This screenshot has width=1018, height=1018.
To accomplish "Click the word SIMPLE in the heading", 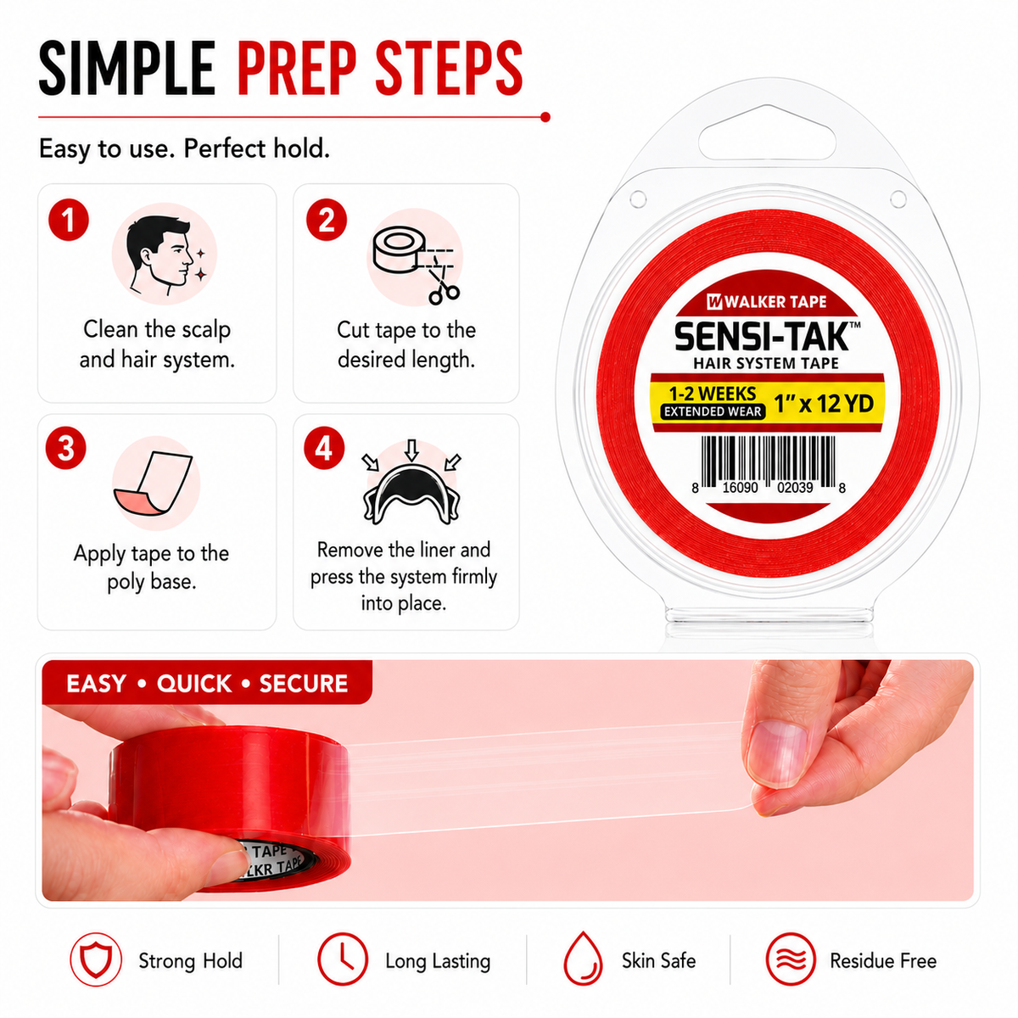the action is pyautogui.click(x=127, y=68).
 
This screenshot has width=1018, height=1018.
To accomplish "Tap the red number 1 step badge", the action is pyautogui.click(x=68, y=220).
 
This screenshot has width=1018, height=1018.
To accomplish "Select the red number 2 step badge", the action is pyautogui.click(x=327, y=220).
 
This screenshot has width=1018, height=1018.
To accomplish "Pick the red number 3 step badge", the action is pyautogui.click(x=65, y=449).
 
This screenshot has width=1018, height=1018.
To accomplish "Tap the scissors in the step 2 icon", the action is pyautogui.click(x=443, y=285).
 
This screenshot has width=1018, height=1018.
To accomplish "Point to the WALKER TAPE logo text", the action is pyautogui.click(x=767, y=302).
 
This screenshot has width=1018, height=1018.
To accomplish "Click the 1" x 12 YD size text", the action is pyautogui.click(x=824, y=404).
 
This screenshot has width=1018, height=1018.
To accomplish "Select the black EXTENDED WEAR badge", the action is pyautogui.click(x=713, y=411).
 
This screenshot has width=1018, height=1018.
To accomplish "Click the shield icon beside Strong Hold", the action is pyautogui.click(x=96, y=959).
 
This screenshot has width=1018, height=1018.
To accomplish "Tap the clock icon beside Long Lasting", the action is pyautogui.click(x=343, y=959).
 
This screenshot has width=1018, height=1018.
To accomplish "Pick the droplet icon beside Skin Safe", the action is pyautogui.click(x=583, y=959).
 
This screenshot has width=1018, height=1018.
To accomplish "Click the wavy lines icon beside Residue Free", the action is pyautogui.click(x=791, y=959).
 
